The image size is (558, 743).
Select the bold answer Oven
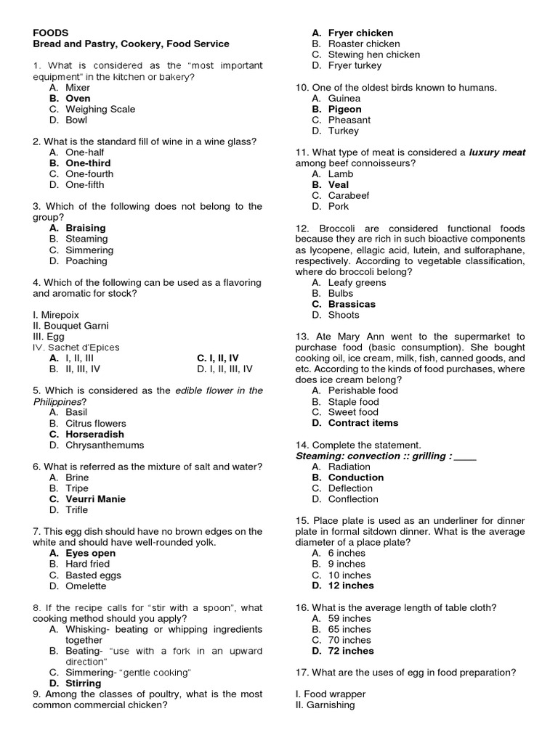pos(78,98)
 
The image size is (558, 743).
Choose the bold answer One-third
pos(88,163)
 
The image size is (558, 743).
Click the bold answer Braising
pos(86,228)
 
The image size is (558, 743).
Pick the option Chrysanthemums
pos(105,445)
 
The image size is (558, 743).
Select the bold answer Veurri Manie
pos(95,499)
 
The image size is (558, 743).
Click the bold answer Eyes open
pos(90,553)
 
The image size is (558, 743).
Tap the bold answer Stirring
pos(84,684)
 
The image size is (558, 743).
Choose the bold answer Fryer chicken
pos(360,33)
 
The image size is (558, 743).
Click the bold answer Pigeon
pos(344,109)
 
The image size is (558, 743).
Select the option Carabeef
pos(349,195)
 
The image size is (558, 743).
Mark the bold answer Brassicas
pos(352,304)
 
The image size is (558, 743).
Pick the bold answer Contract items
pos(363,423)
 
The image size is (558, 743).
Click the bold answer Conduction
pos(356,477)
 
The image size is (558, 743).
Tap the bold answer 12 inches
pos(351,586)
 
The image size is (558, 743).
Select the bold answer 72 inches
pos(351,651)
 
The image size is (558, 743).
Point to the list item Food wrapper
pos(325,694)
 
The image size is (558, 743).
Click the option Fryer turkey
pos(355,65)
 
